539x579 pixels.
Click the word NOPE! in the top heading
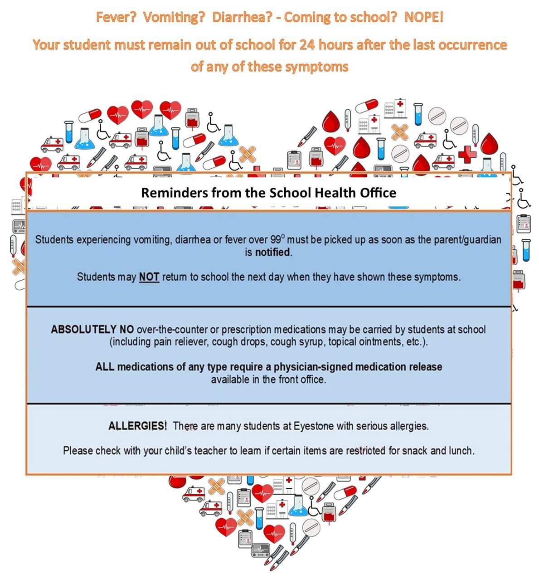point(423,17)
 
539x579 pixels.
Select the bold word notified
point(273,252)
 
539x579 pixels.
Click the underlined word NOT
point(149,277)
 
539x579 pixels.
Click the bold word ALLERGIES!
point(137,426)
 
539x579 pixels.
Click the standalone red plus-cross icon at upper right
point(467,154)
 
